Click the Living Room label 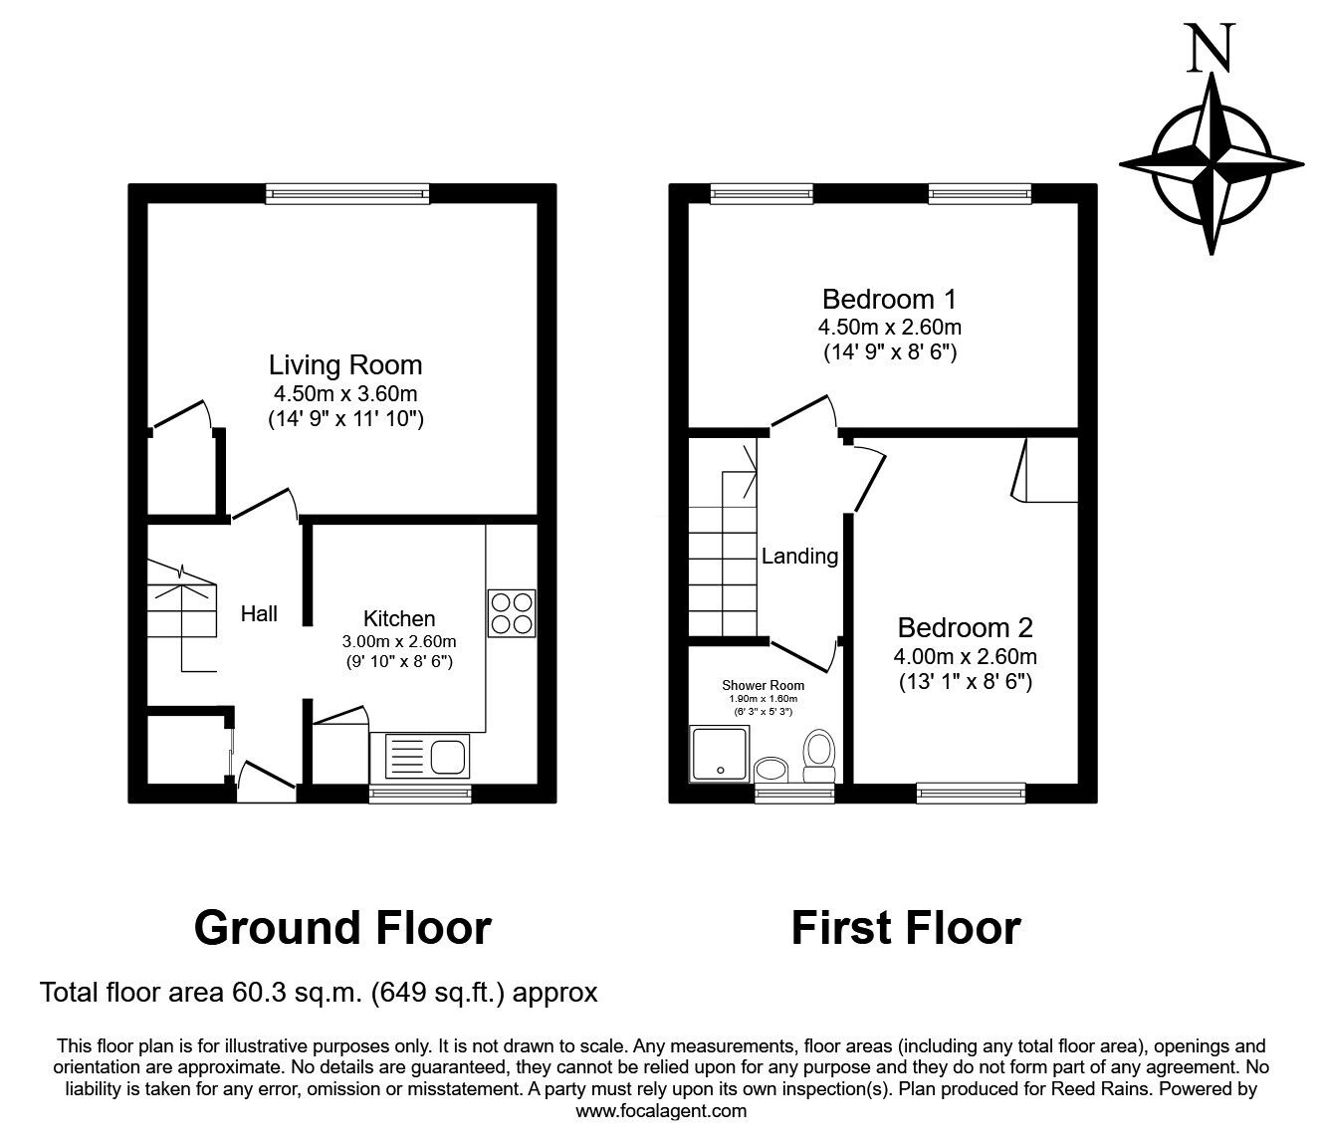pyautogui.click(x=345, y=365)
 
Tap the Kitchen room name pyautogui.click(x=398, y=618)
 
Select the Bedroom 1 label pyautogui.click(x=889, y=299)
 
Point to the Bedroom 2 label pyautogui.click(x=965, y=627)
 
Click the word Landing pyautogui.click(x=799, y=557)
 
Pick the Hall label pyautogui.click(x=259, y=614)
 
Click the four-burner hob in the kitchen pyautogui.click(x=512, y=613)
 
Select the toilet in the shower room pyautogui.click(x=819, y=757)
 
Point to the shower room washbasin pyautogui.click(x=771, y=769)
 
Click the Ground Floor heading pyautogui.click(x=342, y=927)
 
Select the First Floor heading pyautogui.click(x=905, y=927)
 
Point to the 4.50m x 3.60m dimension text pyautogui.click(x=345, y=393)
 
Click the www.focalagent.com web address pyautogui.click(x=661, y=1111)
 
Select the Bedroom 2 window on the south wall pyautogui.click(x=971, y=793)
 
